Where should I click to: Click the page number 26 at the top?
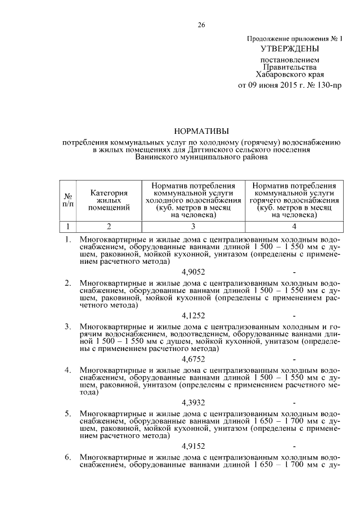pyautogui.click(x=201, y=25)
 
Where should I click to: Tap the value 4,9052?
pyautogui.click(x=193, y=271)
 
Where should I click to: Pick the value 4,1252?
pyautogui.click(x=193, y=316)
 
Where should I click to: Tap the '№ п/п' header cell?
pyautogui.click(x=68, y=200)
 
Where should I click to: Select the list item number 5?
pyautogui.click(x=67, y=415)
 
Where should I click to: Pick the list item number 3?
pyautogui.click(x=67, y=327)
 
